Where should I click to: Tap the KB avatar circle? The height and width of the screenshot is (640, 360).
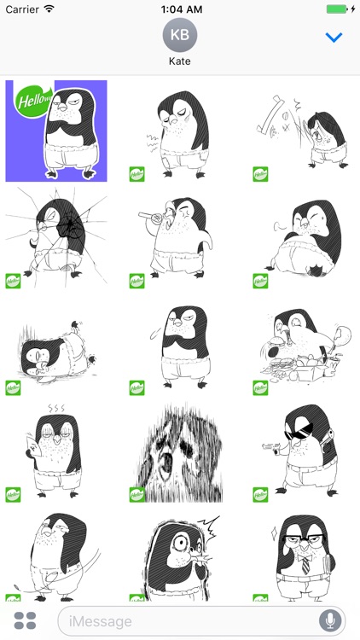(180, 36)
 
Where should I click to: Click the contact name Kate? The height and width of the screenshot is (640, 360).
(180, 62)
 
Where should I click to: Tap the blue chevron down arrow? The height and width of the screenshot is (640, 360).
(334, 38)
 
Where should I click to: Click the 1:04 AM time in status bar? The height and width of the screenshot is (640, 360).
(180, 9)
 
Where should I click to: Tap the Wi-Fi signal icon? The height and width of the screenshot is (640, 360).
(49, 9)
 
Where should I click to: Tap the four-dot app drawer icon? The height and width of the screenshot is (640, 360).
(25, 620)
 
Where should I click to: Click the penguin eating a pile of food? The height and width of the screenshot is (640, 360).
(303, 350)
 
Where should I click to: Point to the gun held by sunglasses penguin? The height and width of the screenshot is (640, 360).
(270, 445)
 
